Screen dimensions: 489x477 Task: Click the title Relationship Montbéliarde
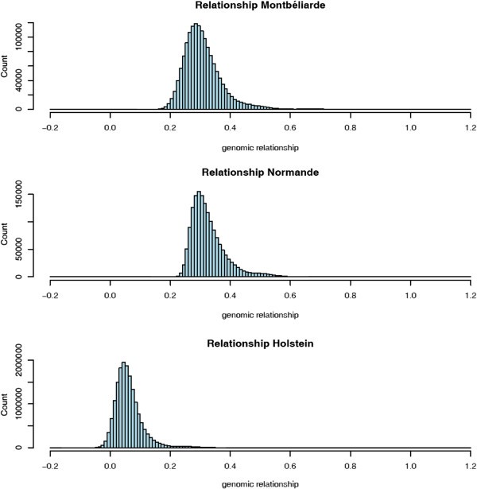(x=260, y=7)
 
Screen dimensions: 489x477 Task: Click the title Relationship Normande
(x=260, y=174)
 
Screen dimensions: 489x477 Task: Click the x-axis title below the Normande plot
(x=260, y=315)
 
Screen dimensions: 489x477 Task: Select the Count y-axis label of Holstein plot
(x=7, y=404)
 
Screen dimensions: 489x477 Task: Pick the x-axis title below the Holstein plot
(x=260, y=483)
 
